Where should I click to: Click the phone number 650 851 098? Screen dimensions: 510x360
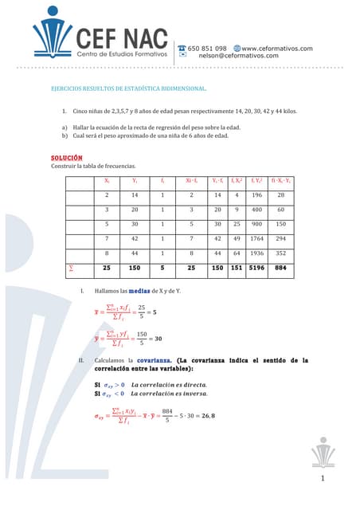209,48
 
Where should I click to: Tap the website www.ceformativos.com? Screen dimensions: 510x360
276,48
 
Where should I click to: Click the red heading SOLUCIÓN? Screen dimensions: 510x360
67,158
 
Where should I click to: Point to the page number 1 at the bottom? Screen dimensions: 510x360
323,478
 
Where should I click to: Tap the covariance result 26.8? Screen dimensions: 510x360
209,415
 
